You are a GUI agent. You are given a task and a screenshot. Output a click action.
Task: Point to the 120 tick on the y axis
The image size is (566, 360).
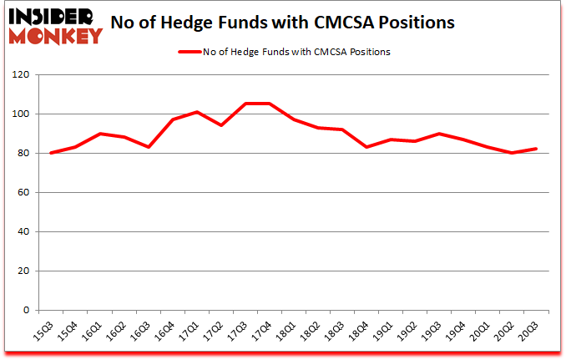pos(22,75)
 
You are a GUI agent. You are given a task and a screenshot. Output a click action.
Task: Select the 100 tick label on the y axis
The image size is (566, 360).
pos(22,114)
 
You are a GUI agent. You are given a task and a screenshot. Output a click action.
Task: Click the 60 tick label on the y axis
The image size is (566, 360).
pos(24,193)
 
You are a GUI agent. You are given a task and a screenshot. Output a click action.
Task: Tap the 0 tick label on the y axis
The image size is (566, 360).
pos(27,311)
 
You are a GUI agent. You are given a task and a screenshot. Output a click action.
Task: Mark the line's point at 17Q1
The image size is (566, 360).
pos(196,112)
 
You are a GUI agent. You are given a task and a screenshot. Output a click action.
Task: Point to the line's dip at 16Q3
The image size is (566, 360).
pos(148,147)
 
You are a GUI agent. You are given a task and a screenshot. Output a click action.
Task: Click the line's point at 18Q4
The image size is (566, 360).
pos(367,147)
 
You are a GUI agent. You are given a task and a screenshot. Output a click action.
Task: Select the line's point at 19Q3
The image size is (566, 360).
pos(440,134)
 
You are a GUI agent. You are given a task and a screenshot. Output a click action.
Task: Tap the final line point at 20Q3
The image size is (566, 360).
pos(538,149)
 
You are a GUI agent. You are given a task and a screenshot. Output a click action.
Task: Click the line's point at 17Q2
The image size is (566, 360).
pos(221,125)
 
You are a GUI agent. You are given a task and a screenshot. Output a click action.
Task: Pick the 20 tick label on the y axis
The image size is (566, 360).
pos(24,271)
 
